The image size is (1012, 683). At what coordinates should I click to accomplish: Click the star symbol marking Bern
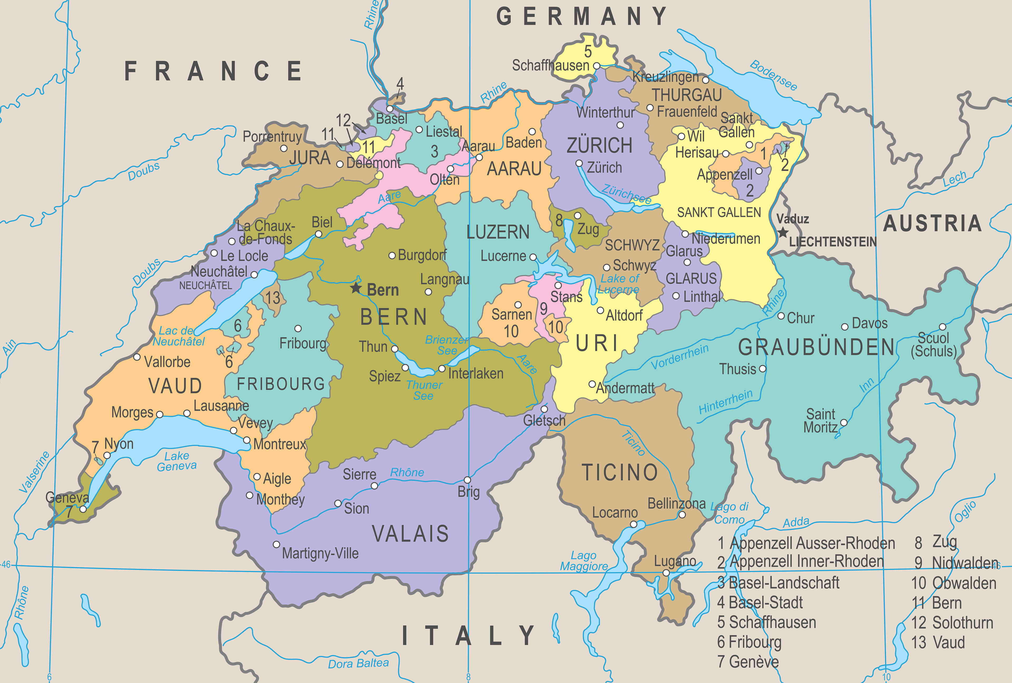(356, 288)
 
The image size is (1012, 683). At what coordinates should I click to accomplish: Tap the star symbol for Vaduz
(782, 232)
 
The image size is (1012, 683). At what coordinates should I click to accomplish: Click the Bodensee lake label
(773, 75)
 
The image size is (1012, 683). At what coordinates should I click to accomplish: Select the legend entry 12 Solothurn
(952, 623)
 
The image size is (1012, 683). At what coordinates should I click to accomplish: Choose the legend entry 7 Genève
(748, 662)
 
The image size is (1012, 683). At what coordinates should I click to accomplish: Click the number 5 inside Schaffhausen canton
(588, 52)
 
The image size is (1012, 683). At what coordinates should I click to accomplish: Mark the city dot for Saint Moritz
(844, 423)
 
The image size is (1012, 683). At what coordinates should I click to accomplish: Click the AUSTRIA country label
(932, 224)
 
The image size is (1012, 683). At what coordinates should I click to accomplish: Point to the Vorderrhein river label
(679, 357)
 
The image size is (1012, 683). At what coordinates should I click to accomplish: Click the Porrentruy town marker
(284, 148)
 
